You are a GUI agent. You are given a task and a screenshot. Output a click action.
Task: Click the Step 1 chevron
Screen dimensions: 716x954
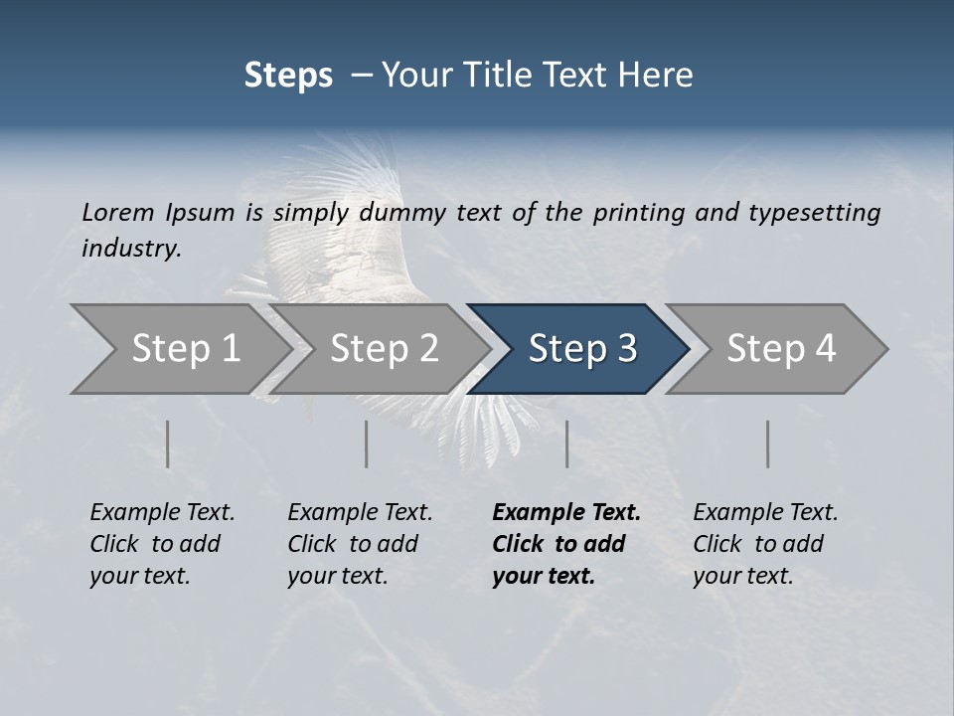179,349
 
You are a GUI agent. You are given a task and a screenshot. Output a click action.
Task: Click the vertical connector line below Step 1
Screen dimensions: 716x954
168,444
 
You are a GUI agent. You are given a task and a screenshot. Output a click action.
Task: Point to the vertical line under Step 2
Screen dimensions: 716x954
367,444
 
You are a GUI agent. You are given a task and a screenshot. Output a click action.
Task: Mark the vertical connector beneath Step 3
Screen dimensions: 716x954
567,444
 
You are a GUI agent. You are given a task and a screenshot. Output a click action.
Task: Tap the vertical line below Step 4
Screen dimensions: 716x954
768,444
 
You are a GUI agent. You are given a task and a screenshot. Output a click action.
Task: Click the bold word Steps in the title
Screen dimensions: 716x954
288,76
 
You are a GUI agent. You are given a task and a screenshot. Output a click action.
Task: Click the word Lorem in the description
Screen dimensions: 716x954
117,213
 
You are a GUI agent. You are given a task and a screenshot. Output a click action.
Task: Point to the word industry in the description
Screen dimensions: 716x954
131,249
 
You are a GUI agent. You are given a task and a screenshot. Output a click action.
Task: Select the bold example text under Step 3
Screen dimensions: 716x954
564,544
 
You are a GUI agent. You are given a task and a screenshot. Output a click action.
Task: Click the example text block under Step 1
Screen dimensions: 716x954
161,544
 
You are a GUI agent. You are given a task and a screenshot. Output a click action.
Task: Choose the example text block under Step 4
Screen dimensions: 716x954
764,544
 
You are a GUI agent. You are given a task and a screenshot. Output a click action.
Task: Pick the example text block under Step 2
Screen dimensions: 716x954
359,544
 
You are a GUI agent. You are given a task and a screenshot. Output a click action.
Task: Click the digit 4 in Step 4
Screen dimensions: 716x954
825,349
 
